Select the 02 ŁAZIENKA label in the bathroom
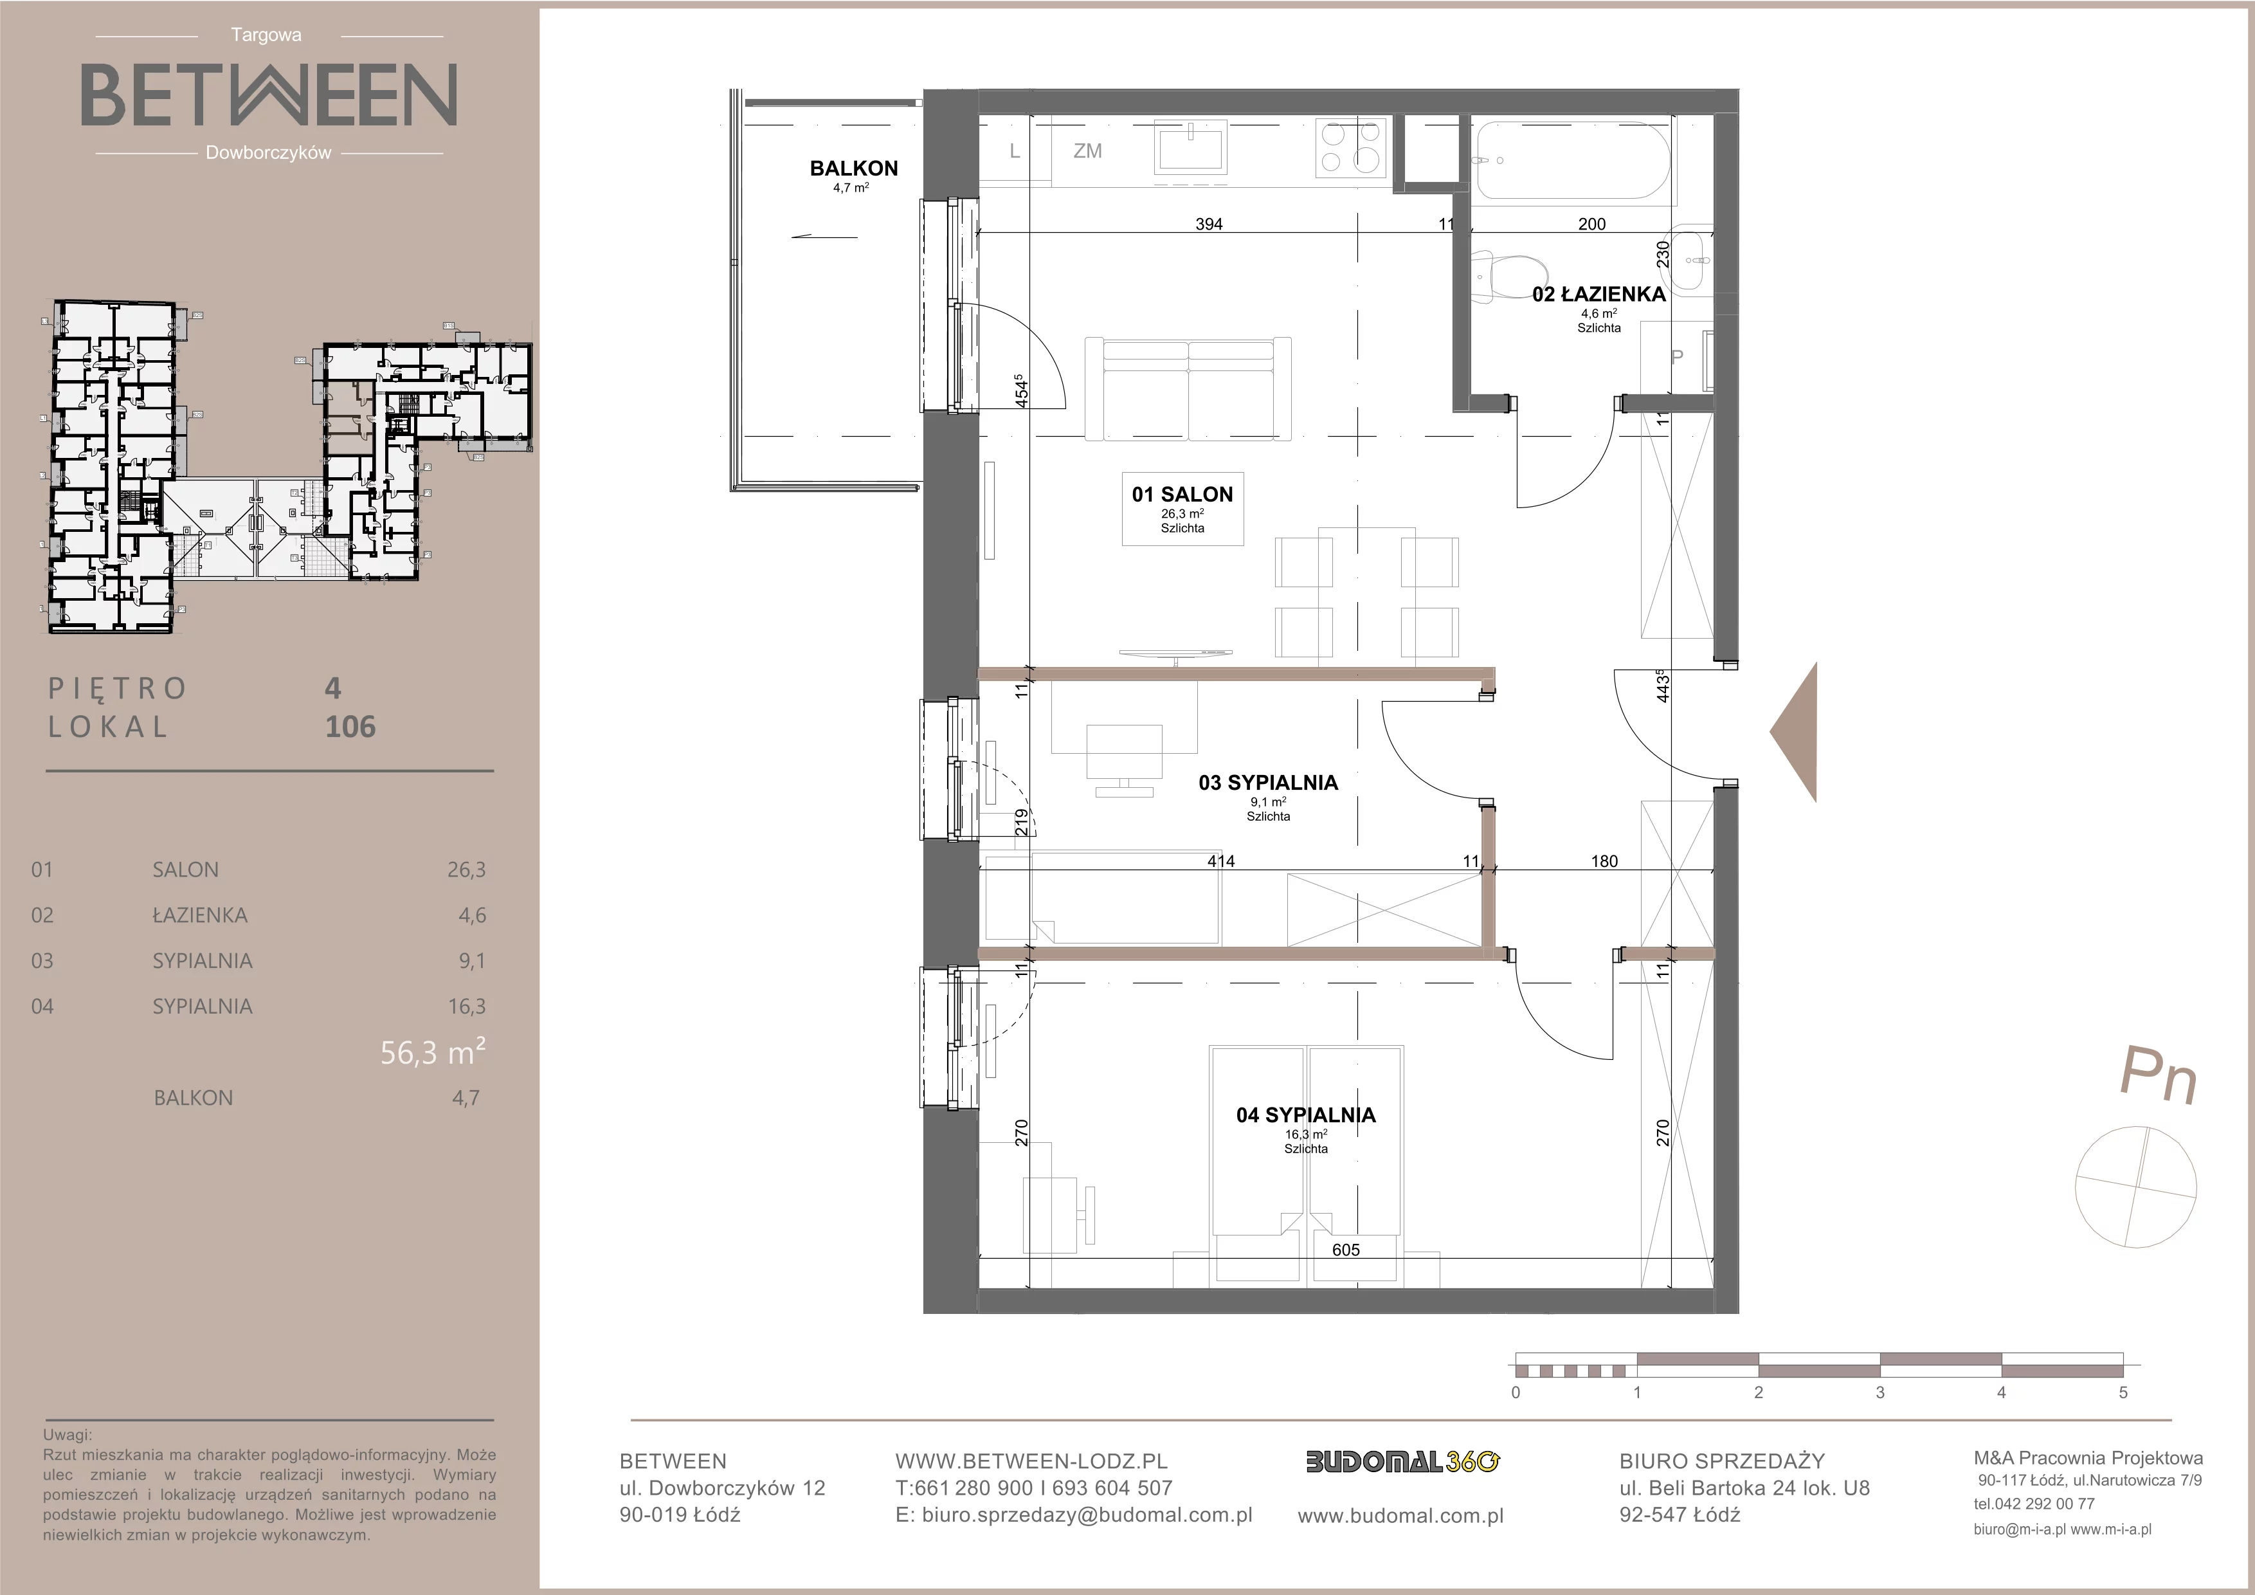click(x=1599, y=294)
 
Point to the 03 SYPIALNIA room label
click(x=1268, y=783)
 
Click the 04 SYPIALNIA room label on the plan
click(x=1305, y=1115)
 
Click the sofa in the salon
click(x=1188, y=390)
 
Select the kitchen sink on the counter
click(x=1192, y=149)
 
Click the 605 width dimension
click(x=1346, y=1249)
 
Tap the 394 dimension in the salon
click(x=1209, y=224)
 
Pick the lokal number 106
click(x=350, y=727)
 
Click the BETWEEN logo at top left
click(x=268, y=95)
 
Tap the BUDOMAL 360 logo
click(x=1402, y=1461)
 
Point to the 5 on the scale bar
click(x=2123, y=1392)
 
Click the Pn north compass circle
click(x=2135, y=1187)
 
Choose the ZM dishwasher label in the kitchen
click(x=1087, y=151)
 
